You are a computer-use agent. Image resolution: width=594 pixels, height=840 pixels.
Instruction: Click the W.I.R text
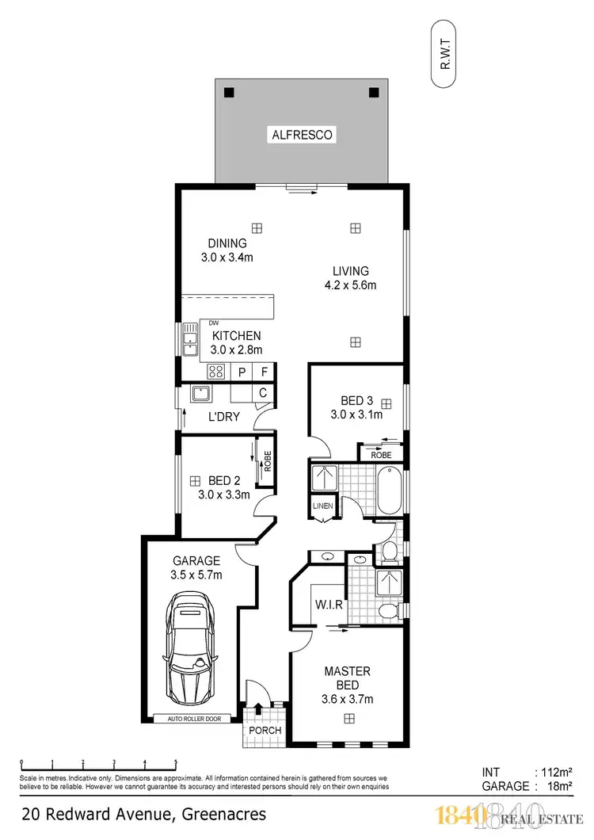[x=327, y=605]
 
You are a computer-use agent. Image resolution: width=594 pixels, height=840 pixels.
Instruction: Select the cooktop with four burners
[x=216, y=371]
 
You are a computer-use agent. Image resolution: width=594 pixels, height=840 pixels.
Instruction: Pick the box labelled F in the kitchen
[x=265, y=371]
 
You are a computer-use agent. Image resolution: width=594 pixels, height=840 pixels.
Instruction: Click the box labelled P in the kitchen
[x=242, y=371]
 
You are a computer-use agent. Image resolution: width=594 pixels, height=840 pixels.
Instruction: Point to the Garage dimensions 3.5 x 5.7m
[x=200, y=575]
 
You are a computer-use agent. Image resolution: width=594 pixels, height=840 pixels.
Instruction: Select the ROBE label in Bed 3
[x=382, y=456]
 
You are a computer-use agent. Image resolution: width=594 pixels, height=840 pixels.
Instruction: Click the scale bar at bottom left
[x=98, y=766]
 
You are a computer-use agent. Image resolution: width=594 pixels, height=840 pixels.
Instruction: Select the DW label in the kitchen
[x=214, y=323]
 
